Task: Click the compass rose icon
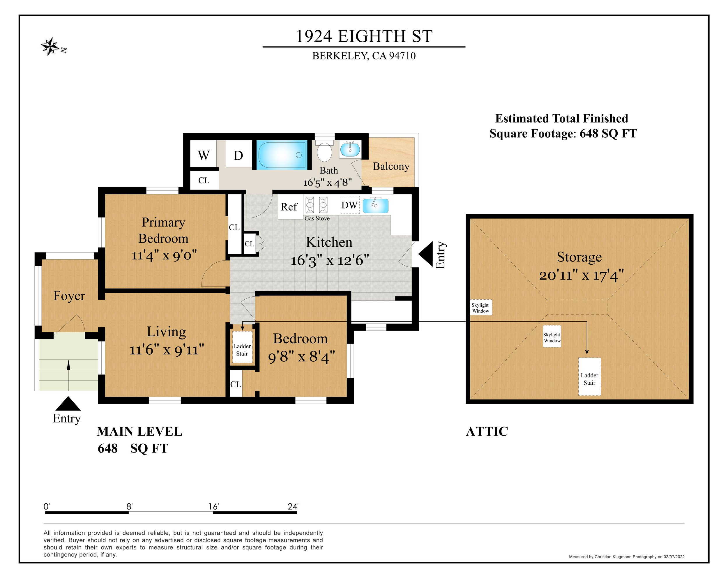[51, 46]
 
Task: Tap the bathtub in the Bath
[282, 155]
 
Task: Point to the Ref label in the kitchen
[289, 207]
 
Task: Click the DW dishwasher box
[350, 205]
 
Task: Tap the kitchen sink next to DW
[375, 205]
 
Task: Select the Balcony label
[391, 167]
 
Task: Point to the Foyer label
[69, 296]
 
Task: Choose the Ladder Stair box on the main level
[242, 347]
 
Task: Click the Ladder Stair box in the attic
[590, 377]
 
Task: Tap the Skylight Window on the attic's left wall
[481, 307]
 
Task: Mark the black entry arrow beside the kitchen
[425, 254]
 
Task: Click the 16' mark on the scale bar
[214, 506]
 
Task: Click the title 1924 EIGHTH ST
[364, 36]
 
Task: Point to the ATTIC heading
[487, 432]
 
